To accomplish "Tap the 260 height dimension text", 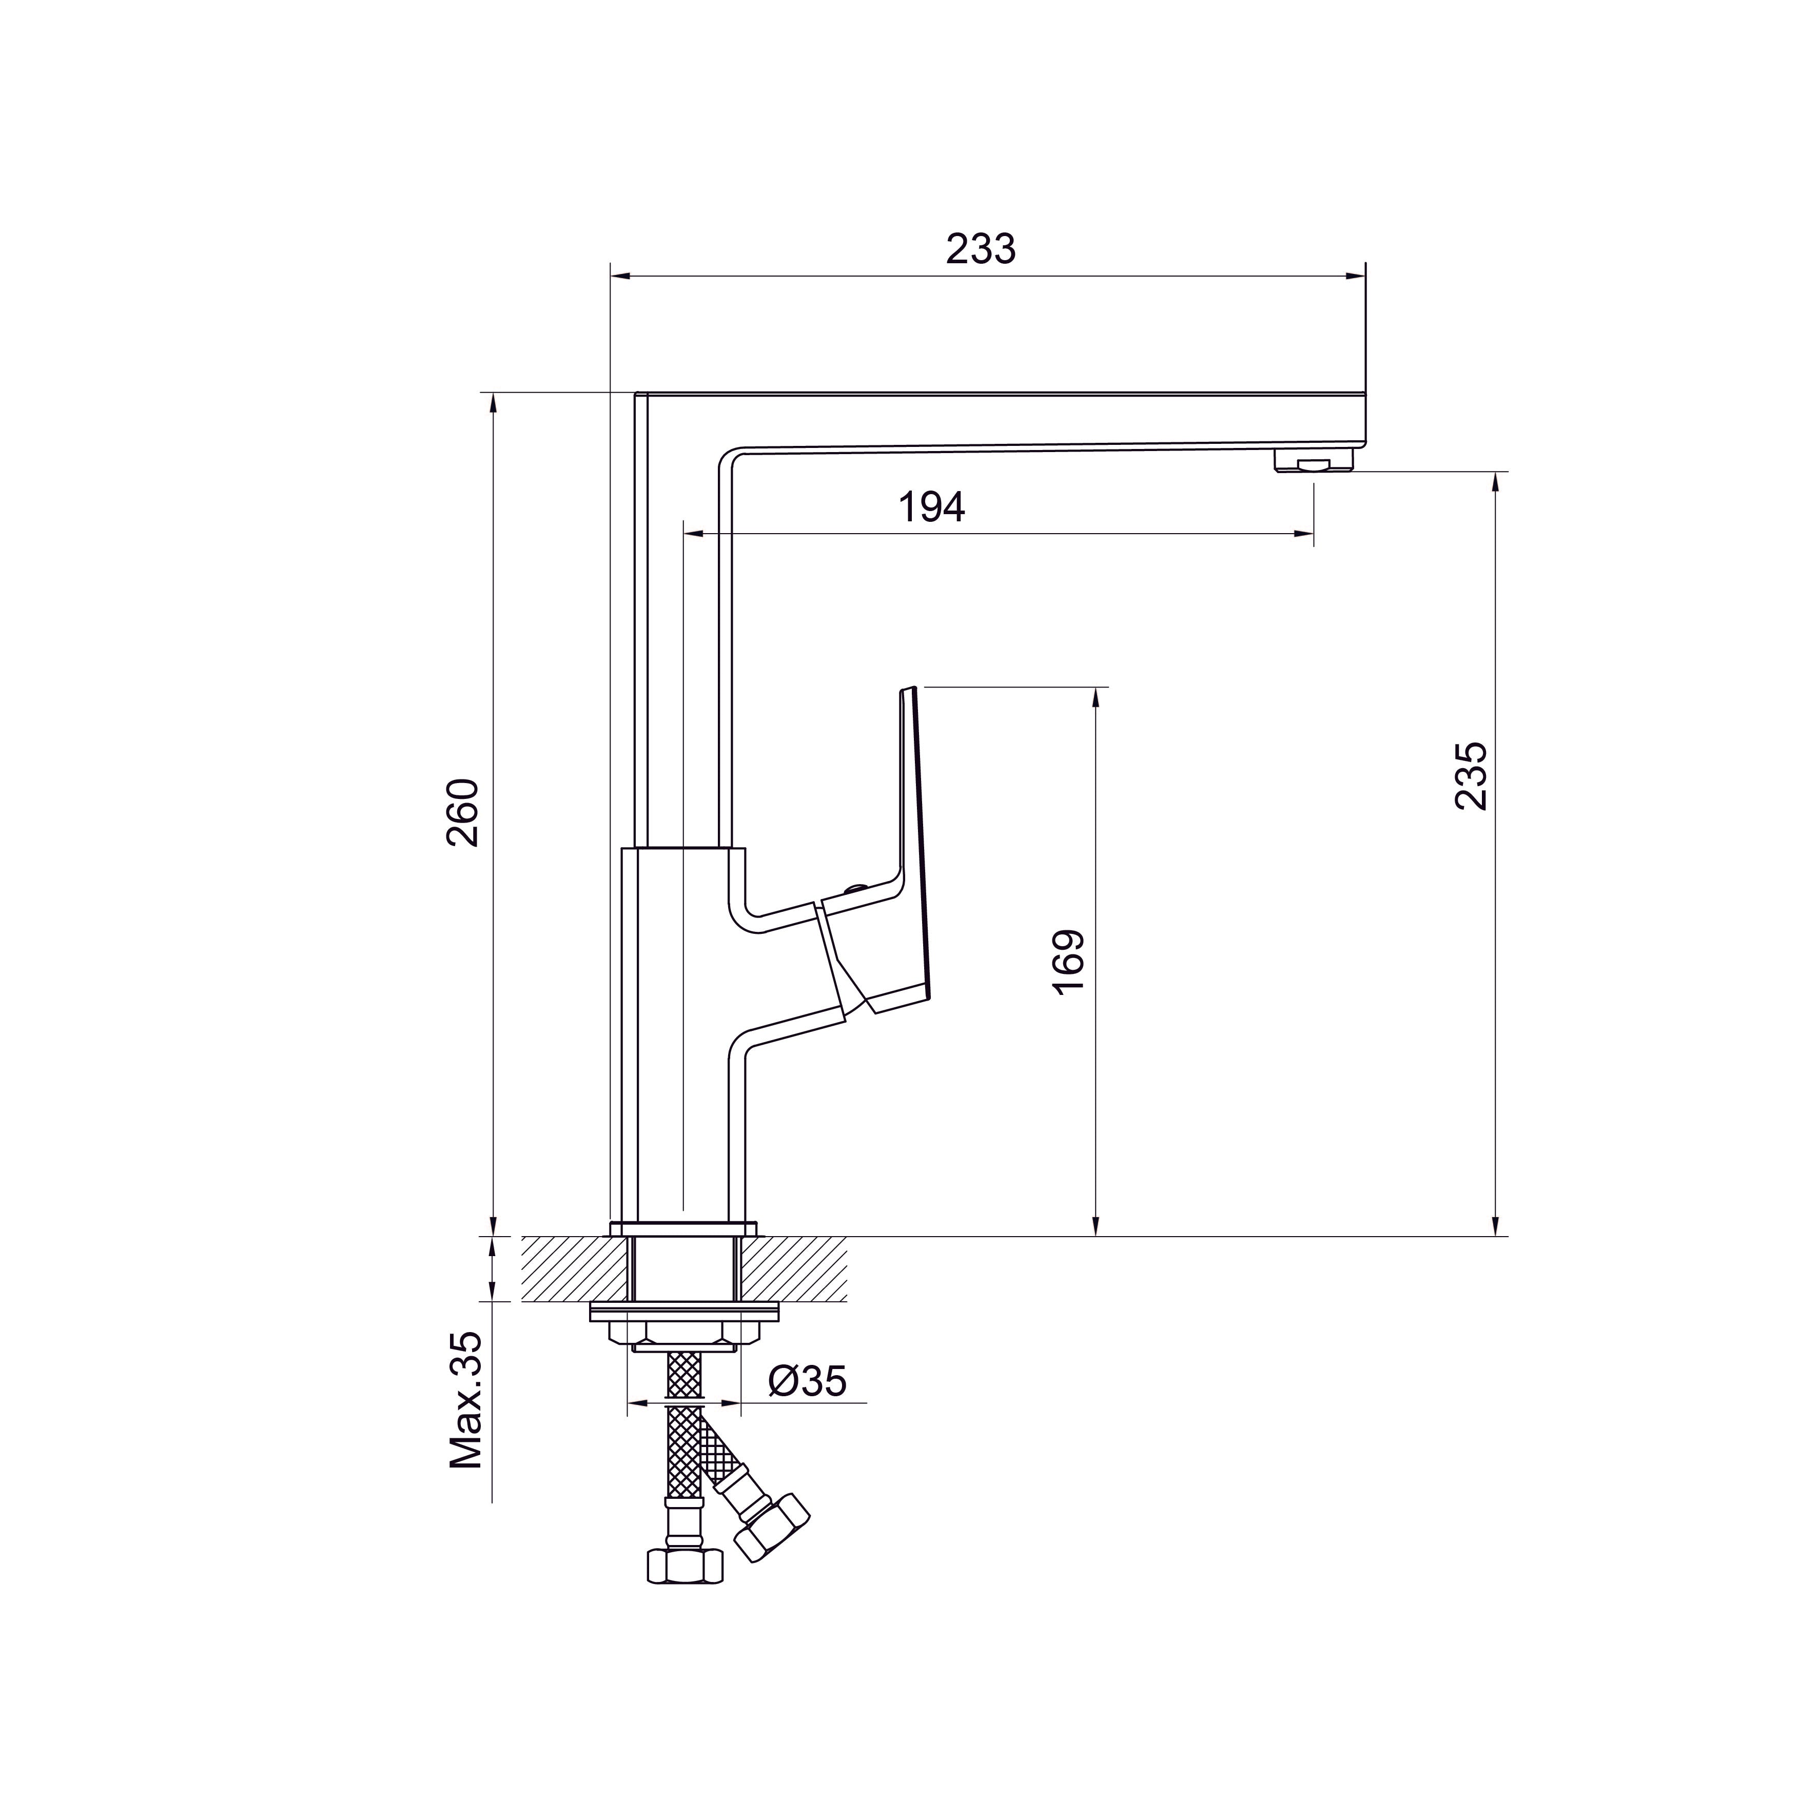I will tap(463, 813).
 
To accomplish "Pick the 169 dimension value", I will tap(1069, 962).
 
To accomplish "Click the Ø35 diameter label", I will tap(807, 1381).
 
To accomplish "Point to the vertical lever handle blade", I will tap(915, 828).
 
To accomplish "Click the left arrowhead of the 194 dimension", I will tap(692, 534).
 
